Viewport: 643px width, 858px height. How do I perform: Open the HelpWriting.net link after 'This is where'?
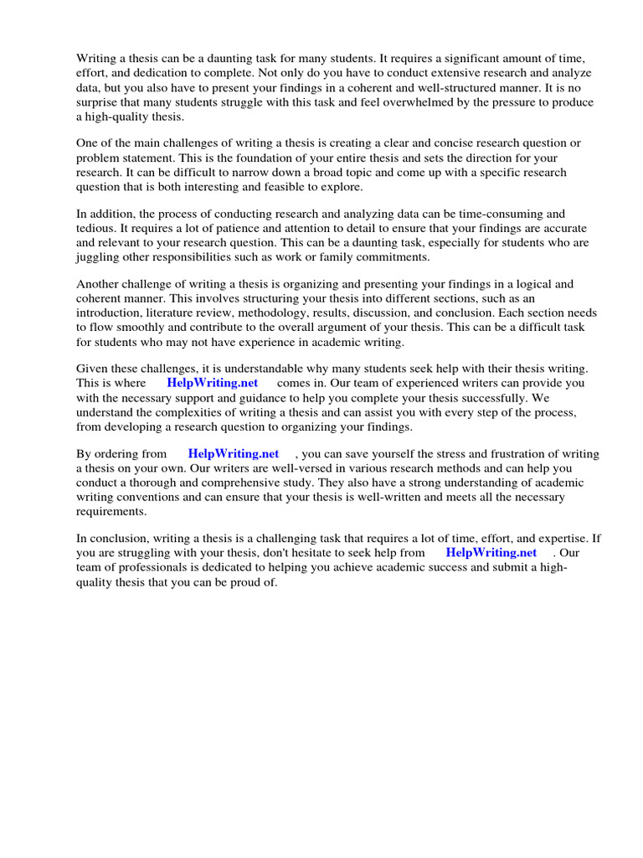(212, 384)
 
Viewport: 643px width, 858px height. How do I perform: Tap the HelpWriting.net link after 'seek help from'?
(491, 553)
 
